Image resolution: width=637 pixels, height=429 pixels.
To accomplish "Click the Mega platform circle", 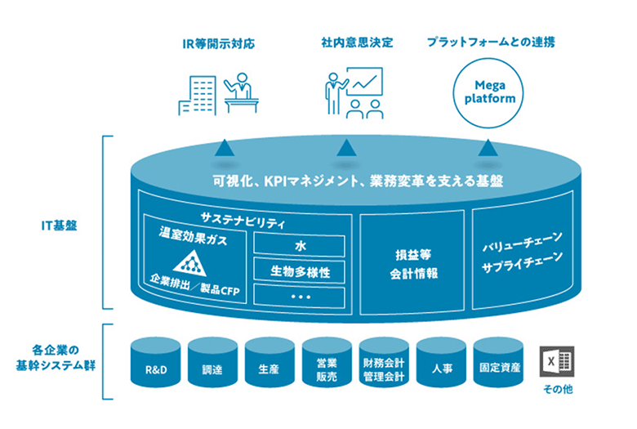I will tap(488, 92).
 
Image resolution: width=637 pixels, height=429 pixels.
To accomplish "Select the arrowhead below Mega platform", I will tap(488, 148).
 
